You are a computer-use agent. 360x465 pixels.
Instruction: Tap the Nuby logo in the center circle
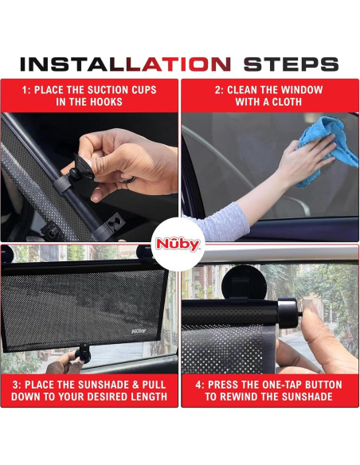point(180,245)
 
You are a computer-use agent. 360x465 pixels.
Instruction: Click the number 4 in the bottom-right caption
point(199,385)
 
